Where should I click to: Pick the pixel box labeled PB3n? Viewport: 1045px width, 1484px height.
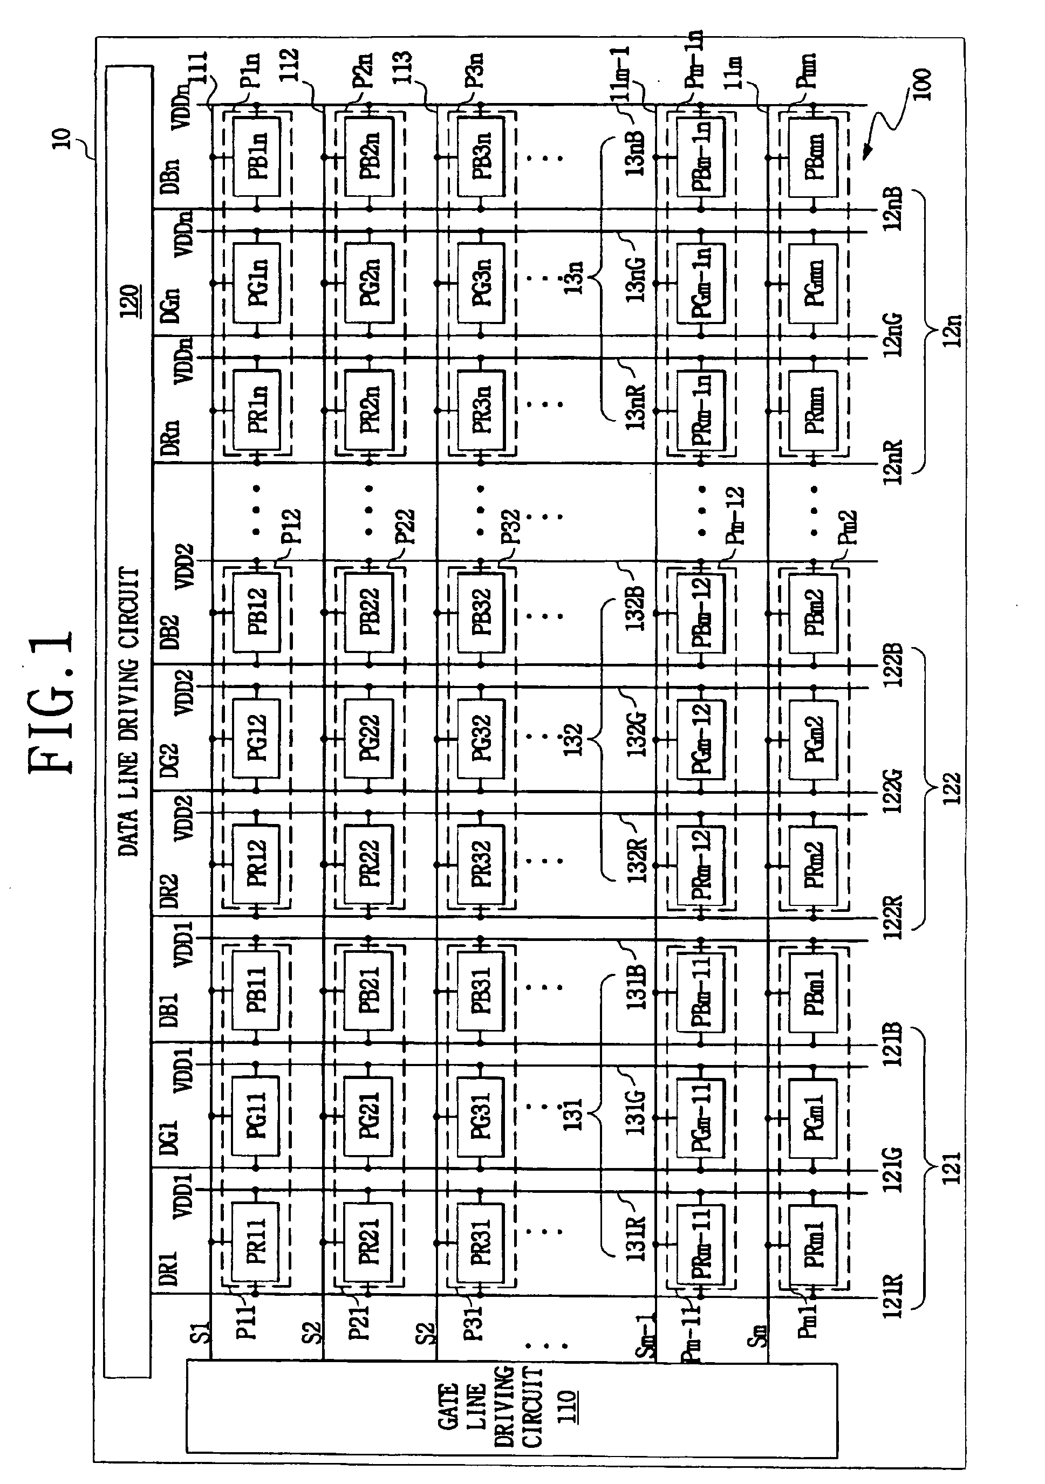click(481, 157)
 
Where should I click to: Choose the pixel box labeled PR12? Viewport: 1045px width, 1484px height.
click(256, 863)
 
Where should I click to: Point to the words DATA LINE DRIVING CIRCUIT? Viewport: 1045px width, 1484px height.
click(129, 711)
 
